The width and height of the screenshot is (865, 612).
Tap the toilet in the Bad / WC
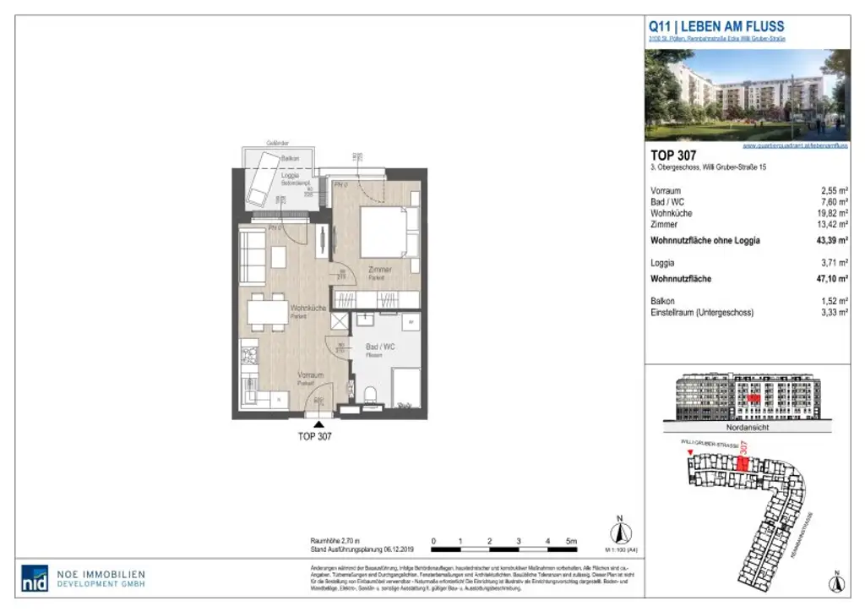coord(368,394)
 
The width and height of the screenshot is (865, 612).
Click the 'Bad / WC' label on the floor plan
coord(380,347)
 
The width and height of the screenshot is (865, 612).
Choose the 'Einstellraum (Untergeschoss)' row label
coord(701,313)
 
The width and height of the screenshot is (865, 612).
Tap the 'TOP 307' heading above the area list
coord(673,155)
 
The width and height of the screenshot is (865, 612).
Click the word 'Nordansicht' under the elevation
coord(748,428)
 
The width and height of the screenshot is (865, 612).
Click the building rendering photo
coord(748,94)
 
